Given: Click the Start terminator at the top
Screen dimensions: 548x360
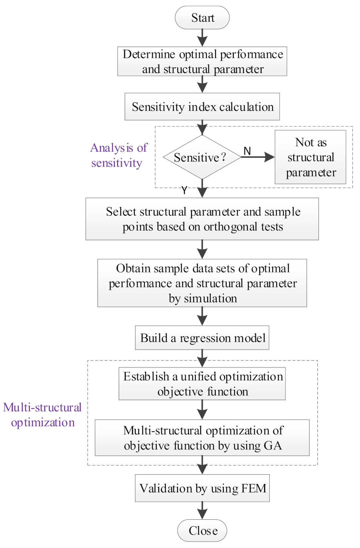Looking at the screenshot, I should (202, 18).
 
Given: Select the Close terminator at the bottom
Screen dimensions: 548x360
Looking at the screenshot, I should (202, 530).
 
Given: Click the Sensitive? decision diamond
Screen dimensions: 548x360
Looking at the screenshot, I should (202, 157).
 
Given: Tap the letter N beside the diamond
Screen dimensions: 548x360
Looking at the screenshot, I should (247, 151).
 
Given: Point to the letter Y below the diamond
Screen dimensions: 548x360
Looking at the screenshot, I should (184, 190).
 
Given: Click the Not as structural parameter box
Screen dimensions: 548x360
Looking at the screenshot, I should (310, 157).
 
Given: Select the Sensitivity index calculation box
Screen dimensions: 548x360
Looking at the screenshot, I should (202, 107).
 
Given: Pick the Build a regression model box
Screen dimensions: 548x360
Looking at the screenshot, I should (202, 338).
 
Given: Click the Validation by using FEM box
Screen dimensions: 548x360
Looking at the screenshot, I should (202, 488).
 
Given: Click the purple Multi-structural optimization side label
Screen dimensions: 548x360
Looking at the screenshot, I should (43, 415).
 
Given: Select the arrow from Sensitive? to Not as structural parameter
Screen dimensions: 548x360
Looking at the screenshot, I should (258, 157).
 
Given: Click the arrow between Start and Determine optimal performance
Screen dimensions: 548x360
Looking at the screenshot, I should (202, 38).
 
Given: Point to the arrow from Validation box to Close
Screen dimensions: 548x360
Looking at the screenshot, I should (202, 510).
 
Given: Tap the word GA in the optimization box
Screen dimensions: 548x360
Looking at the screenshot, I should (273, 445).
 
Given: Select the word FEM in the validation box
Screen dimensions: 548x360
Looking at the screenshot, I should (254, 488).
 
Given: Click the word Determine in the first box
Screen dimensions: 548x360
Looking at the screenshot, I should (149, 54).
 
